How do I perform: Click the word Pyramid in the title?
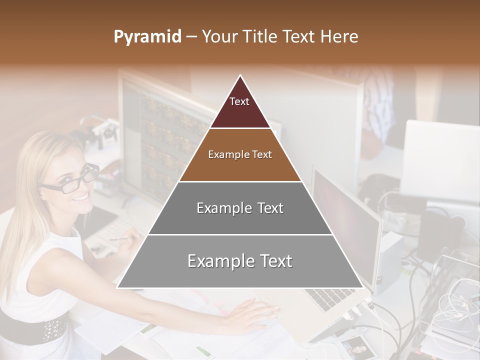tap(147, 37)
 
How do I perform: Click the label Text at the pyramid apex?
tap(239, 101)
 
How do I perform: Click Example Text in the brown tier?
tap(240, 154)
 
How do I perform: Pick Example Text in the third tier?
tap(240, 208)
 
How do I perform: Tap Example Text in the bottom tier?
tap(240, 261)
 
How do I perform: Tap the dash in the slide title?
tap(191, 37)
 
